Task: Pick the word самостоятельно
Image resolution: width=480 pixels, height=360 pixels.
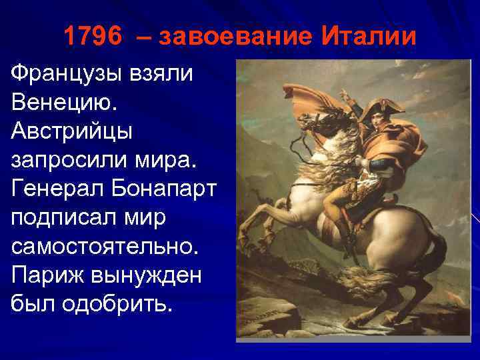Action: tap(105, 245)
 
